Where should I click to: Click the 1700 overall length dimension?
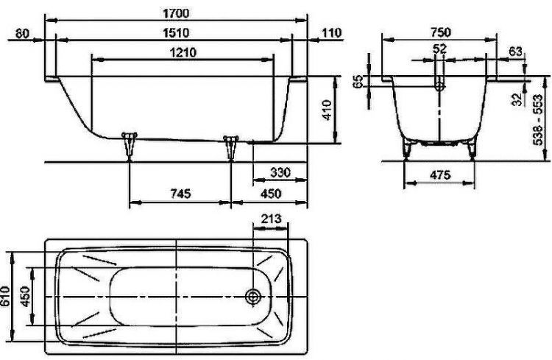[x=177, y=13]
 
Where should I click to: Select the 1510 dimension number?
[x=177, y=32]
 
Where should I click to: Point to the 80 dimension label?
[x=21, y=32]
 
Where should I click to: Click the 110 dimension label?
[x=333, y=32]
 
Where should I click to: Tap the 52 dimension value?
[x=439, y=49]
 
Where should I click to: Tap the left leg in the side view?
[x=130, y=144]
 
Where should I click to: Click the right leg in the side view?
[x=232, y=146]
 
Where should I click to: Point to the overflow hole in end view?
[x=439, y=85]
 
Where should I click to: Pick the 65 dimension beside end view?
[x=358, y=82]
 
